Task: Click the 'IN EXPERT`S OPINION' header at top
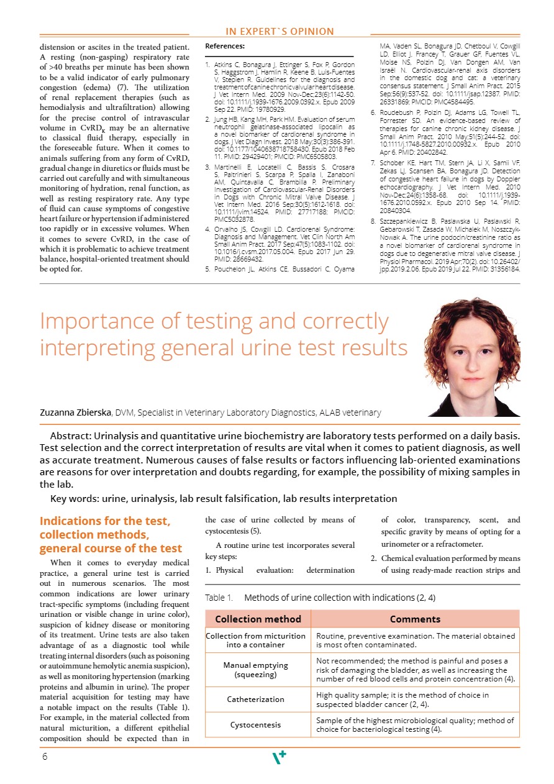(279, 31)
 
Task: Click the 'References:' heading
(224, 46)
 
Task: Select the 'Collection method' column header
(258, 619)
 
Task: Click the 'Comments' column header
(415, 619)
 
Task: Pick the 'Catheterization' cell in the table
(257, 700)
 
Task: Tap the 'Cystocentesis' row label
(255, 725)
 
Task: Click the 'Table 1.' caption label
(219, 598)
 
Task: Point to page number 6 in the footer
(45, 757)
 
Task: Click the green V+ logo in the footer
(279, 757)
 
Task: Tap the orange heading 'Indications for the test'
(104, 521)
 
